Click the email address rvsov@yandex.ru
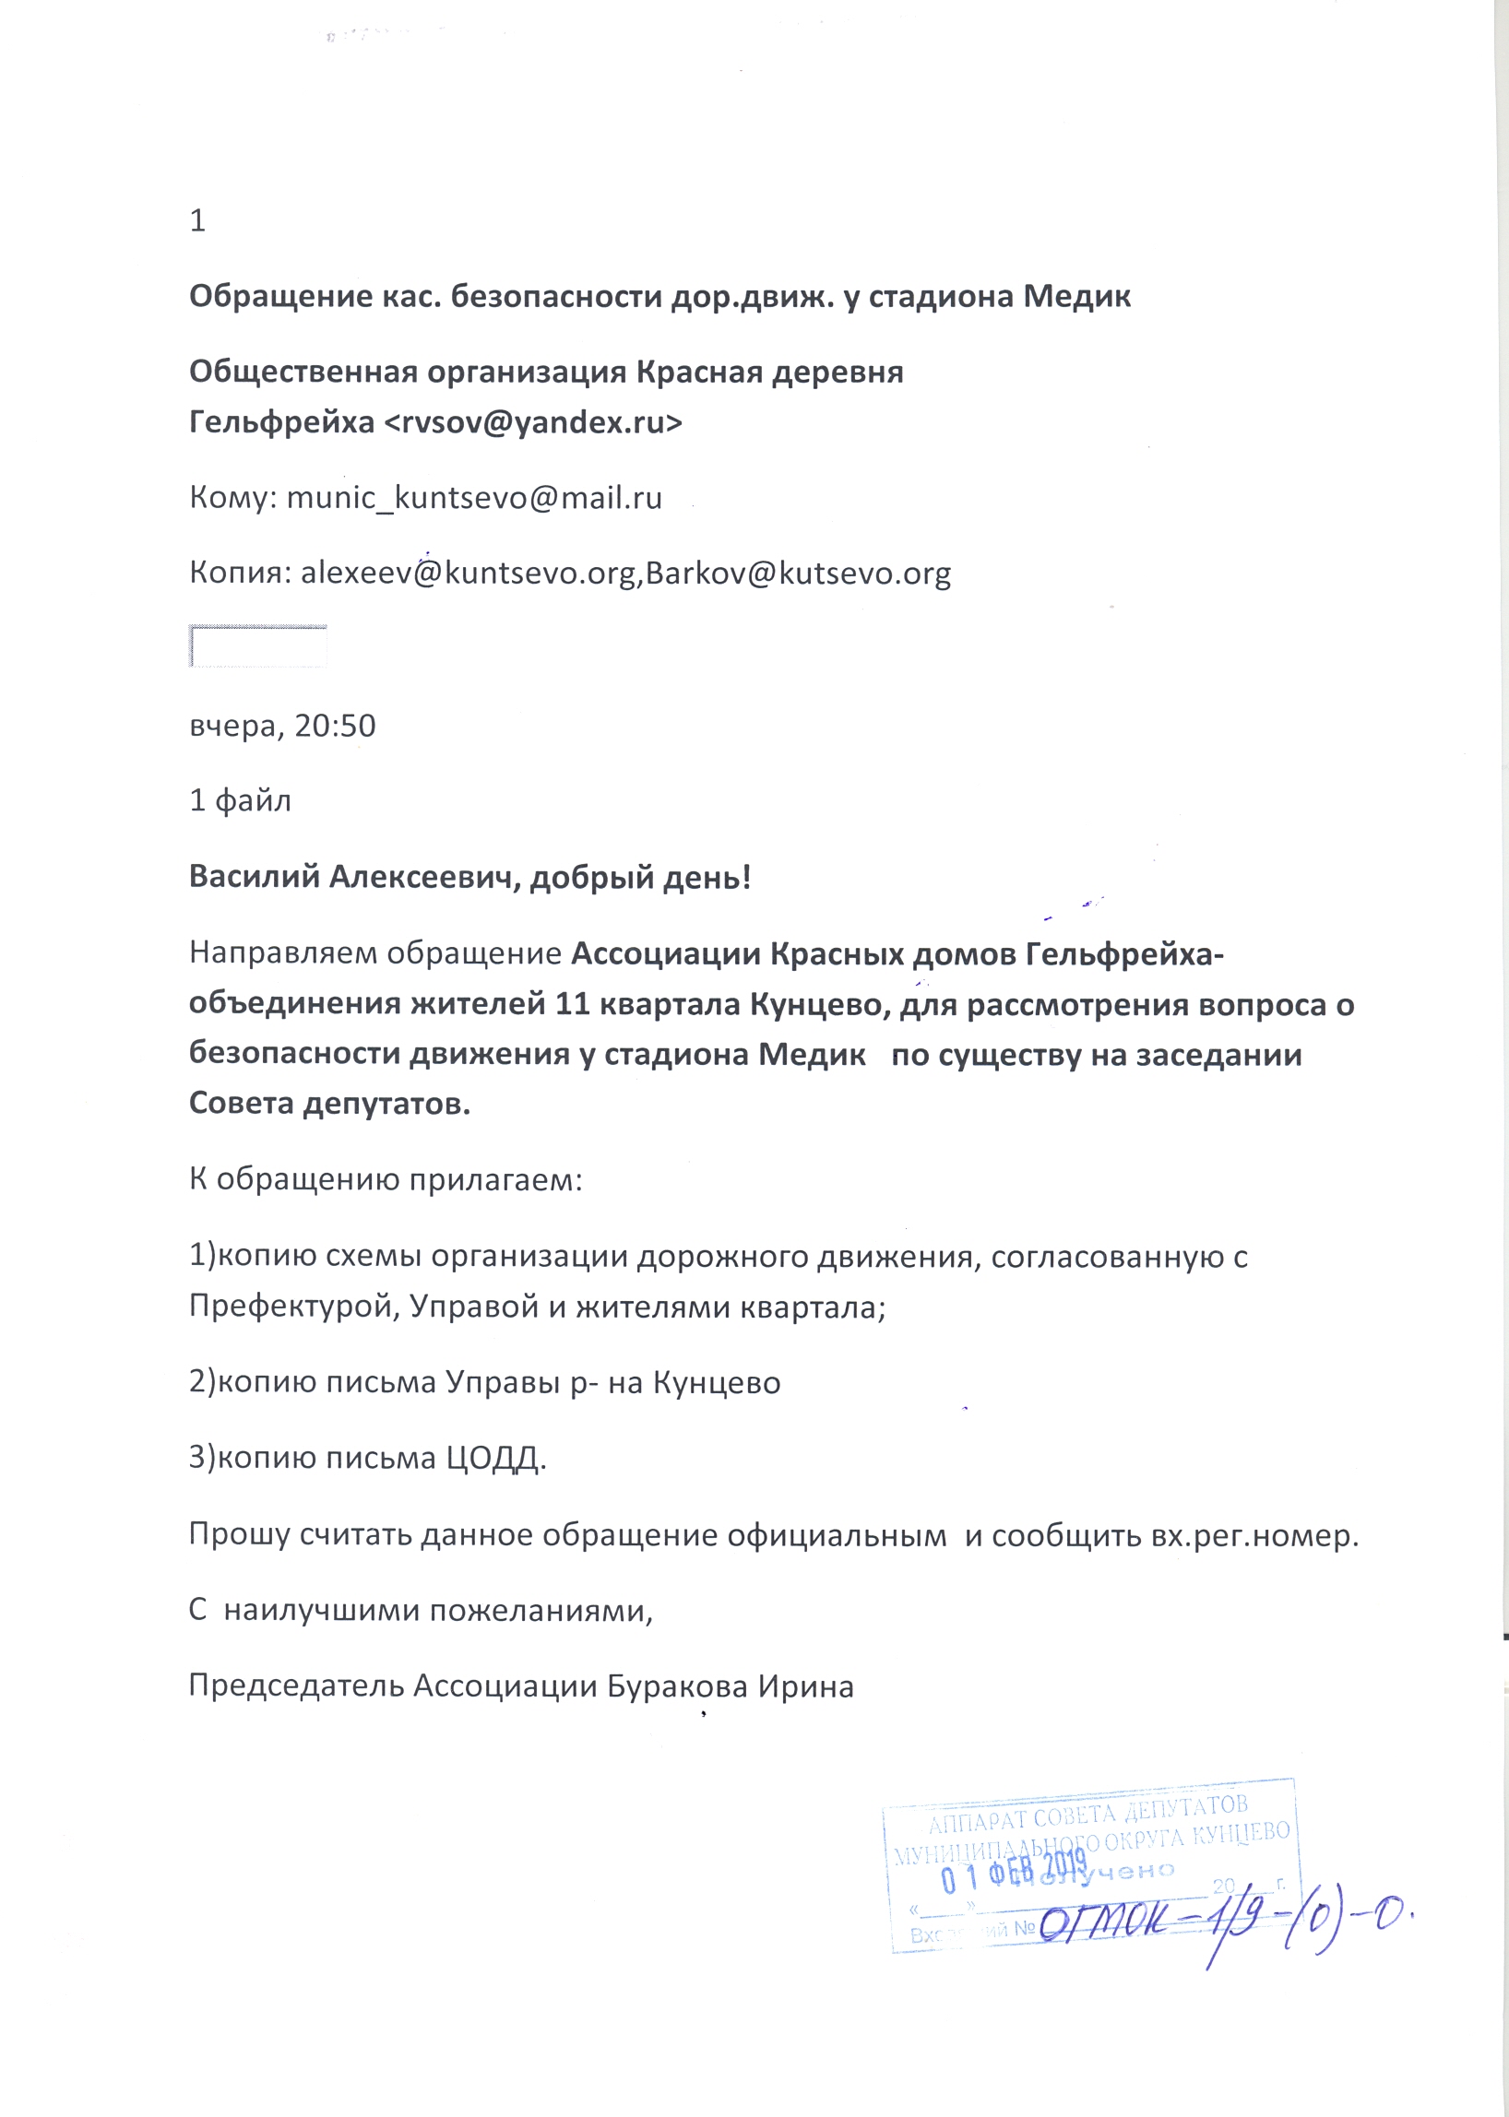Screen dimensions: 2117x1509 click(532, 422)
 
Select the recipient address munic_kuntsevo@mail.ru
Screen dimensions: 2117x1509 click(474, 499)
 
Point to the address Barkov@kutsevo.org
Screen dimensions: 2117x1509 click(798, 574)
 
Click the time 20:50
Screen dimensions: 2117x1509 click(336, 726)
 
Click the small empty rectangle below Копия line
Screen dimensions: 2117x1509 click(257, 646)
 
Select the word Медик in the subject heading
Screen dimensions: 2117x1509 click(1077, 297)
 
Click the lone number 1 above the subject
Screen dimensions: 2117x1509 click(197, 221)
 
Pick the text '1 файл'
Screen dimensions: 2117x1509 click(240, 800)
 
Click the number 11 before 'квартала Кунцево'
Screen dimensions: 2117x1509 click(574, 1004)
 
